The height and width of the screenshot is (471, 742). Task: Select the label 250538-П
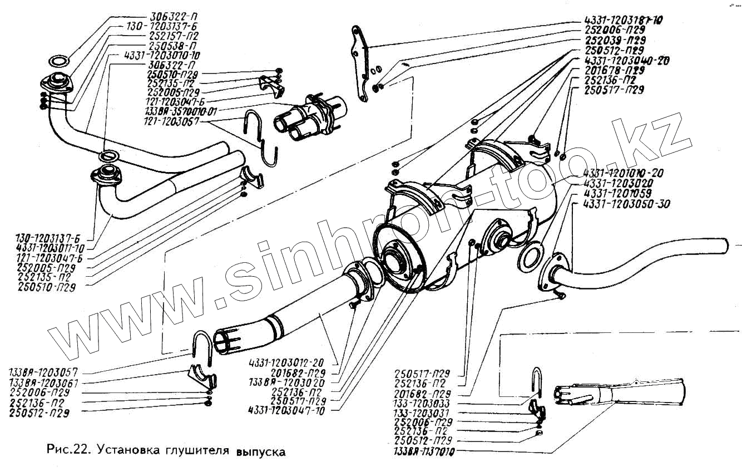[173, 45]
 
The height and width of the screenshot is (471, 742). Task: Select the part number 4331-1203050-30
[627, 204]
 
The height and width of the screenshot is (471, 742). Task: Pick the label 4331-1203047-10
[287, 410]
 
